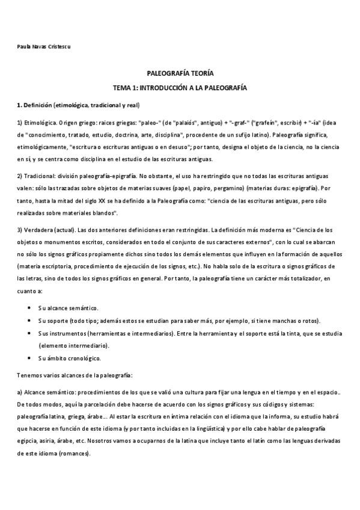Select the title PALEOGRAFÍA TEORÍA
click(180, 72)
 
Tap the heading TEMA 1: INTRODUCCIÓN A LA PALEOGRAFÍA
click(180, 88)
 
